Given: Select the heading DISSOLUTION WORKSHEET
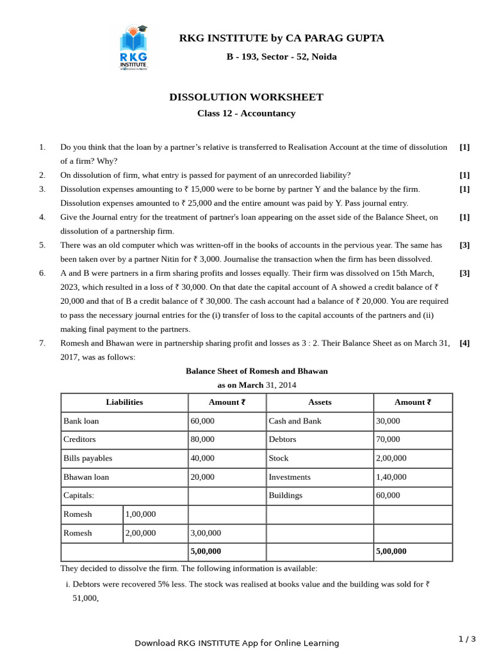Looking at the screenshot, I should (x=246, y=97).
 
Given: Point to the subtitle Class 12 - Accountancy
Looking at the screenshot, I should (x=246, y=113).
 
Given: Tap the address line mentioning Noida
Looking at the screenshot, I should (x=281, y=57).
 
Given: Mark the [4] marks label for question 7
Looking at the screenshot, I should (x=464, y=343).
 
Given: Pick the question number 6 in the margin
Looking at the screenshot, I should (x=42, y=273).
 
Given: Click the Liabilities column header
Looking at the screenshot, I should (x=124, y=402).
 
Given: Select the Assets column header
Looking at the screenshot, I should (x=319, y=402).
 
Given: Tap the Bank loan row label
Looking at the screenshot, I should (x=81, y=421).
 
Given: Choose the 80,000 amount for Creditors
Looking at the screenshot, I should (x=203, y=439).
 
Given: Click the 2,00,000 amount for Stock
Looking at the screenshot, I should (x=391, y=458).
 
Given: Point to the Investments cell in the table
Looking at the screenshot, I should (x=290, y=477).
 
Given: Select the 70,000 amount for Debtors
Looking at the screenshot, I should (x=388, y=439).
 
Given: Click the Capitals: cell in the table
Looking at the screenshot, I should (x=79, y=495).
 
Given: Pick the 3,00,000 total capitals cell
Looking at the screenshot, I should (x=206, y=533).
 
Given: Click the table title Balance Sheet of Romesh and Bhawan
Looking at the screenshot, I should (x=256, y=371).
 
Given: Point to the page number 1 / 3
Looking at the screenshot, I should (x=467, y=639).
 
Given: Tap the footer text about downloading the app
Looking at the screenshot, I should (x=236, y=643).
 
